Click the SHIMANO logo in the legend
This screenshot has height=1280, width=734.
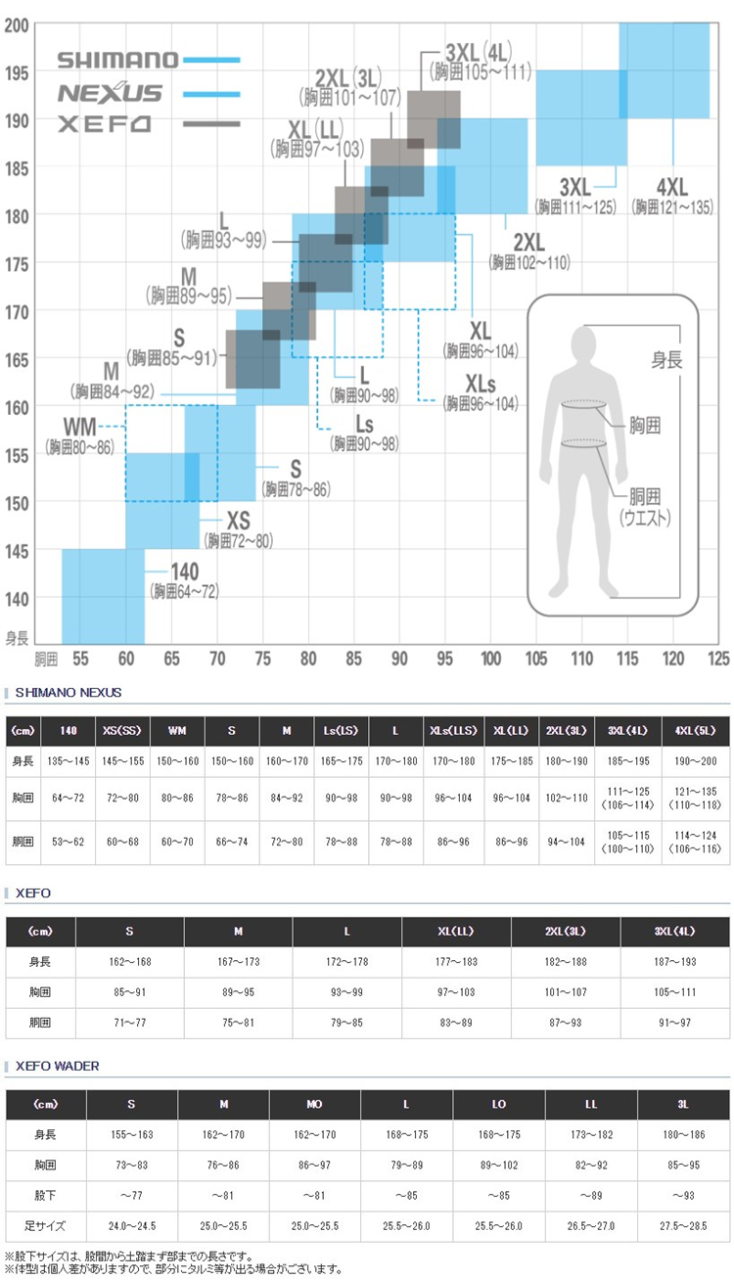(118, 60)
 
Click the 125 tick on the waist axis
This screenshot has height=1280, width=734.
(718, 660)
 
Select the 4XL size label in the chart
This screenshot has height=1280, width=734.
(672, 186)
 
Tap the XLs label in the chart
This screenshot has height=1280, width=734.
(480, 382)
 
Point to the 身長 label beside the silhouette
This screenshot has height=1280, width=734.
(667, 360)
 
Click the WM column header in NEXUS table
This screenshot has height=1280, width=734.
(177, 731)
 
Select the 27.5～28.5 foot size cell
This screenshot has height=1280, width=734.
(683, 1226)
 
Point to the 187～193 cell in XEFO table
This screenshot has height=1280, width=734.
(674, 962)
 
